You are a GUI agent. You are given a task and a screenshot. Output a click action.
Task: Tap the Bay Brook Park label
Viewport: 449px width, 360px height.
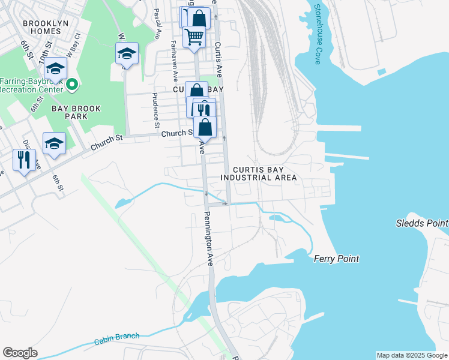[76, 112]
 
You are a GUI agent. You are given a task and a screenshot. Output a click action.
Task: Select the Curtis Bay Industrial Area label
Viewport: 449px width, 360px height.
[258, 173]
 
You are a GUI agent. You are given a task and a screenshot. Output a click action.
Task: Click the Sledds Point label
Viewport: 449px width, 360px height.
[421, 223]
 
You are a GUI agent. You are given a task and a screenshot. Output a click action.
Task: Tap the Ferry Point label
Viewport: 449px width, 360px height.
[336, 259]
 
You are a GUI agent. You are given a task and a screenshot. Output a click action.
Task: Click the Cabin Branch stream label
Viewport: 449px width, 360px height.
[116, 340]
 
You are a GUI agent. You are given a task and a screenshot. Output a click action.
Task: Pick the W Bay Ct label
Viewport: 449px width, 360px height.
[73, 47]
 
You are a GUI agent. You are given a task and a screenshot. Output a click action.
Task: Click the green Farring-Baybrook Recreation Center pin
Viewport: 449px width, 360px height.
[72, 85]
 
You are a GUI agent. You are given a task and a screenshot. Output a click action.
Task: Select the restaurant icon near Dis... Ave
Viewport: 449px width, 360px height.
[25, 160]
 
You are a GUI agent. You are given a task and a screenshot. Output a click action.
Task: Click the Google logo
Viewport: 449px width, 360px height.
[20, 353]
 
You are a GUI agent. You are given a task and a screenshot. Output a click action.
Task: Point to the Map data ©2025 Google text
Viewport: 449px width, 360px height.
[411, 355]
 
